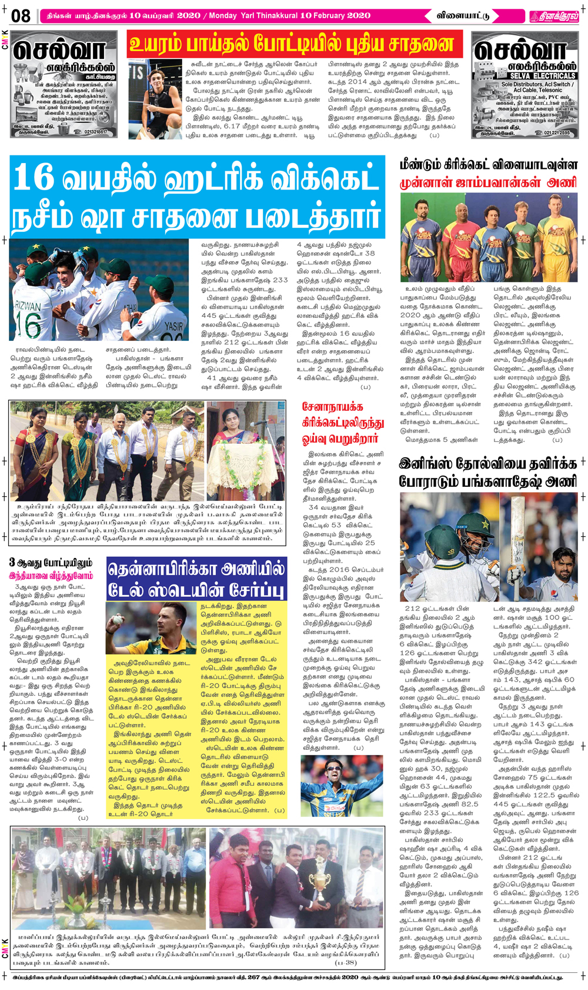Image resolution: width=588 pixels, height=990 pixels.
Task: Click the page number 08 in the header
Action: click(x=21, y=15)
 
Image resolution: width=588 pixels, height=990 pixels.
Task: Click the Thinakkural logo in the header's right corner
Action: click(x=554, y=16)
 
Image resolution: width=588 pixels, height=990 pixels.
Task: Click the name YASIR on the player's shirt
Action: click(x=173, y=325)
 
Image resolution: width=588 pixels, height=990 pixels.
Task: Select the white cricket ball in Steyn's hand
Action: click(x=118, y=619)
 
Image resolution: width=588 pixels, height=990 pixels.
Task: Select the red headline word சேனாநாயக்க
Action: click(x=332, y=407)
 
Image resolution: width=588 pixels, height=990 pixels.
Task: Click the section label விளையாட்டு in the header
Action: click(x=462, y=16)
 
